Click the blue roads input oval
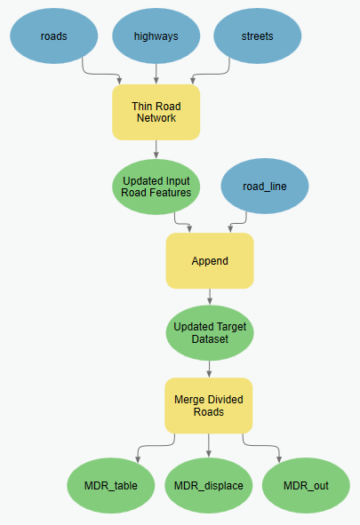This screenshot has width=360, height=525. (53, 36)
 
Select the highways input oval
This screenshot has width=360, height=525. (156, 36)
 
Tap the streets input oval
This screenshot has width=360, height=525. (258, 36)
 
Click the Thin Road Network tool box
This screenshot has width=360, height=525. (156, 112)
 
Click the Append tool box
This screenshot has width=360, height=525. (209, 261)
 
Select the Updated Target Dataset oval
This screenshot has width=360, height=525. (209, 333)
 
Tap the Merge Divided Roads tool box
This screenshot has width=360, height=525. (209, 406)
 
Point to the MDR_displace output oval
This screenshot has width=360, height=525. (209, 486)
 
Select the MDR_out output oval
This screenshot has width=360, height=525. (306, 486)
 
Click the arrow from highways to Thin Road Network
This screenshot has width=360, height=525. (156, 74)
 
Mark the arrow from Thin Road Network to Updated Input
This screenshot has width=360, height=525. (156, 149)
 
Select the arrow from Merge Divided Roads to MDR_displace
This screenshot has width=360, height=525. (209, 446)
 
